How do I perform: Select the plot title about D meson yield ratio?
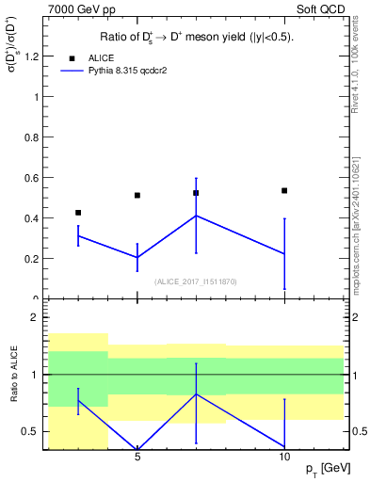(196, 38)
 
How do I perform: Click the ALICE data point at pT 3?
(78, 213)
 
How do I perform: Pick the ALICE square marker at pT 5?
(137, 195)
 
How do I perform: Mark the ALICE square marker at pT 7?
(196, 193)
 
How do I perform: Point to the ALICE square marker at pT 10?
(284, 190)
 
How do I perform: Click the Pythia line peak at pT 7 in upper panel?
(196, 216)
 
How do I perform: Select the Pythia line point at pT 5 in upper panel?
(137, 257)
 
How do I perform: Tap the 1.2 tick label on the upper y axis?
(33, 56)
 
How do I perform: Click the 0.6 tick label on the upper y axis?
(33, 177)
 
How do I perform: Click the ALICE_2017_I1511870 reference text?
(196, 281)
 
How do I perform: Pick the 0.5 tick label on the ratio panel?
(33, 432)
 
